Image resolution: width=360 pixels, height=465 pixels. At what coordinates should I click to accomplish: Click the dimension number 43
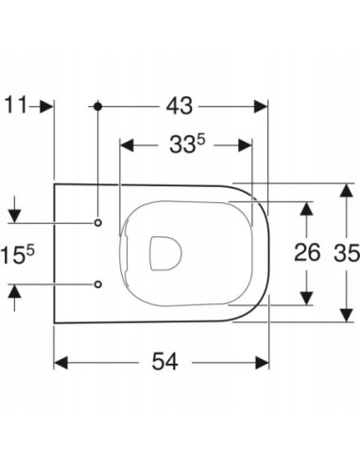(180, 106)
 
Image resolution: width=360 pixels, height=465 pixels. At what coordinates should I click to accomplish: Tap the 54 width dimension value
(165, 361)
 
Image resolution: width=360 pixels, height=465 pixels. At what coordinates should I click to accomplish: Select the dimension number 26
(307, 252)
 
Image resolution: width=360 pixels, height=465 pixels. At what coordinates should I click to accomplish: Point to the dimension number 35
(347, 252)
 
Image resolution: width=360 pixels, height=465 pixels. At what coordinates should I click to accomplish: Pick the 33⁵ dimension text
(187, 145)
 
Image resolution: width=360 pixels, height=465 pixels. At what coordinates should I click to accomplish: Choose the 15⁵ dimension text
(18, 255)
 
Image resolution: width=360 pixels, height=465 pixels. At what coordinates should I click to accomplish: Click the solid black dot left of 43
(98, 107)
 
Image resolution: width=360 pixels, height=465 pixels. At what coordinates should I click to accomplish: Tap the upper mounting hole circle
(98, 223)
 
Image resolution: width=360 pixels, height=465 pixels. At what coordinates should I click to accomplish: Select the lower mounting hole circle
(98, 284)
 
